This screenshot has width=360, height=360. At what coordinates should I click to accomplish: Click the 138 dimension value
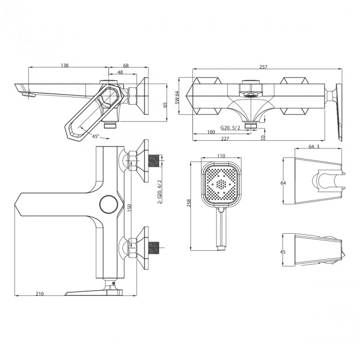coord(65,66)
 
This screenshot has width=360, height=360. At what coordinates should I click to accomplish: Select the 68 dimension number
coord(126,66)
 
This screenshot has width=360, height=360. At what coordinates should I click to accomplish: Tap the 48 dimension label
coord(120,73)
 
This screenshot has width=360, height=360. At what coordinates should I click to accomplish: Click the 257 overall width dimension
coord(263,66)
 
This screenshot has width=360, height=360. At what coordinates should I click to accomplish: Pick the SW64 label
coord(177,97)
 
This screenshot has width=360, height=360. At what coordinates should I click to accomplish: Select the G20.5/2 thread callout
coord(229,127)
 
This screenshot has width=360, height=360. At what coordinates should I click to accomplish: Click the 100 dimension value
coord(210,132)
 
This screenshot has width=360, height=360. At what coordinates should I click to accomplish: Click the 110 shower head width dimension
coord(222,157)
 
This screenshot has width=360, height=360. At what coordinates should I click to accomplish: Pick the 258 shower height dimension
coord(188,204)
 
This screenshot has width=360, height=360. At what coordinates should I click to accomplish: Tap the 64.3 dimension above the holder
coord(314,147)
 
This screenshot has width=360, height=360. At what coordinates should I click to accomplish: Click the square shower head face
coord(222,183)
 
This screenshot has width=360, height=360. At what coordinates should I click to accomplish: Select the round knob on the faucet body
coord(108,204)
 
